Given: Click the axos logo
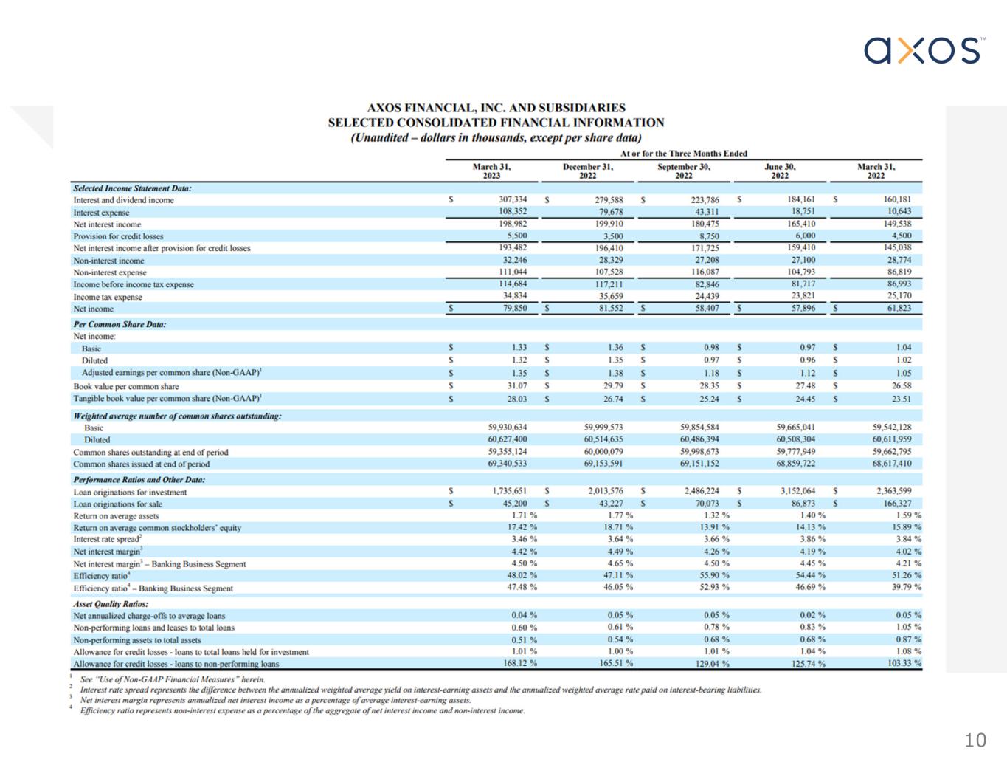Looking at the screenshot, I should pos(924,50).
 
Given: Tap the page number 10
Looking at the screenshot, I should pos(975,741).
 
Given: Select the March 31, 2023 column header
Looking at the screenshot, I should pos(491,171).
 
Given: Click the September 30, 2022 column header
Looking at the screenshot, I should pos(683,171).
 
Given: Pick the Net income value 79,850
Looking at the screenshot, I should pos(514,309).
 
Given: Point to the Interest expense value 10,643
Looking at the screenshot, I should pos(899,211).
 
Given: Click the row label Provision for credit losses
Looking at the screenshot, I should pos(118,236).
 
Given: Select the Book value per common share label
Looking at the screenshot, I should pos(125,386).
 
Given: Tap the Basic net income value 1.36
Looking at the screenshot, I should pos(615,348).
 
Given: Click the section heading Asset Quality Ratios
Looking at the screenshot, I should pos(110,604).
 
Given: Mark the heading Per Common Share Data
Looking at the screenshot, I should pos(120,324).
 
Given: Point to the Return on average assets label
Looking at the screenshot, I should pos(116,516).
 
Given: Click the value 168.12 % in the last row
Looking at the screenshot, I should pos(519,663).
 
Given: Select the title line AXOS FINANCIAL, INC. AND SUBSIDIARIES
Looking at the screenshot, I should pos(496,108).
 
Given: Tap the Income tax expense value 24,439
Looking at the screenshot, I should pos(706,296).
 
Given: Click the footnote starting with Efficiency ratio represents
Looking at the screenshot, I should pos(302,711).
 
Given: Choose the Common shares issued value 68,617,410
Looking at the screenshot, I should pos(891,464).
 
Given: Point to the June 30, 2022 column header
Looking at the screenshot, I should pos(780,171).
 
